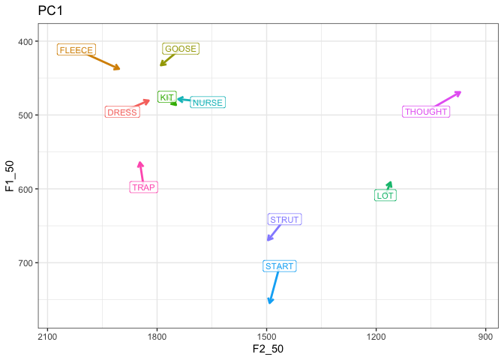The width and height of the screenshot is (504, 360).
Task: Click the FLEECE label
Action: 76,50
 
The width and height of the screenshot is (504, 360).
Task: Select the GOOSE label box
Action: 180,49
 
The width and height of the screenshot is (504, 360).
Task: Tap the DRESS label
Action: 121,112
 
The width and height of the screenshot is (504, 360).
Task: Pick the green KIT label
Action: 166,97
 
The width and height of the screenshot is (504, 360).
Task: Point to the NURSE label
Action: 207,103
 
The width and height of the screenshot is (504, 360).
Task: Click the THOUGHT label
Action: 426,112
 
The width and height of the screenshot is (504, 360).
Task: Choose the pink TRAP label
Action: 143,187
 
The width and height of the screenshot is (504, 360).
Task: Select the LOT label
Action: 385,196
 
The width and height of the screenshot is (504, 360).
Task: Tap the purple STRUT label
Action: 284,220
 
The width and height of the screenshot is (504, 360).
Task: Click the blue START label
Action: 280,266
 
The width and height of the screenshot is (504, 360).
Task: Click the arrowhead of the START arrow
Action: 269,303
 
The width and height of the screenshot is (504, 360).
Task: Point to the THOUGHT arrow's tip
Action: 460,91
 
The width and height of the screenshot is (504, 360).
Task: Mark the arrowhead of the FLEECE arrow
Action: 119,69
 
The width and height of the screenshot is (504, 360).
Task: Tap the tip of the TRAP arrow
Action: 139,163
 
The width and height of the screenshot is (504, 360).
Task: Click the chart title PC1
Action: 50,12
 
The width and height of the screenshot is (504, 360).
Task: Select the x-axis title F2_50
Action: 268,349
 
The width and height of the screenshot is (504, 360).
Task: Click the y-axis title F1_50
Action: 10,177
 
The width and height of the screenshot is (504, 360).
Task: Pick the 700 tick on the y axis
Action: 25,262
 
